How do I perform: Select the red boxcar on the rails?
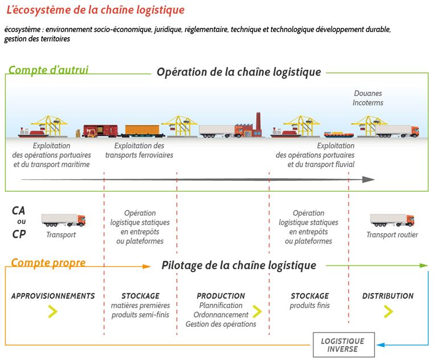point(100,131)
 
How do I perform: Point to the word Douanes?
point(368,93)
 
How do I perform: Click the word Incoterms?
point(368,103)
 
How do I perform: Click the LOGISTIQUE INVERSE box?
point(344,345)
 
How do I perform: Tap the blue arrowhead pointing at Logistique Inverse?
point(380,345)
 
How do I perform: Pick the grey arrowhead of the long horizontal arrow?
point(369,180)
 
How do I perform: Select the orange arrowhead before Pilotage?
point(146,266)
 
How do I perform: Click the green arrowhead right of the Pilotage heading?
point(424,266)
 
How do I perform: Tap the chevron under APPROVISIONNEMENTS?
point(52,312)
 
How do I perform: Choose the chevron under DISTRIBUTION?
point(388,312)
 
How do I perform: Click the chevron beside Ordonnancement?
point(257,312)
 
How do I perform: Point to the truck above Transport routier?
point(392,220)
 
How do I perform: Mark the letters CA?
point(18,211)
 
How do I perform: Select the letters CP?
point(19,234)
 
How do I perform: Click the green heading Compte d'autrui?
point(48,70)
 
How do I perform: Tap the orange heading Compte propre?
point(48,262)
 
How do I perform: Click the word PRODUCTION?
point(221,296)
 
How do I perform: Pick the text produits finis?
point(309,305)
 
